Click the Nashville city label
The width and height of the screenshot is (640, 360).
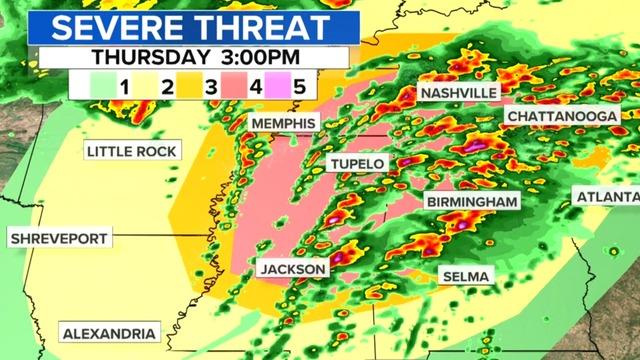[459, 92]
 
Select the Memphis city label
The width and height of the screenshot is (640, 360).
[283, 123]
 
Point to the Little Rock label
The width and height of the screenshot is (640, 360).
[132, 151]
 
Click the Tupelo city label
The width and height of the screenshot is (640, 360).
[357, 163]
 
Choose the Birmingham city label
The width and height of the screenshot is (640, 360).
[473, 201]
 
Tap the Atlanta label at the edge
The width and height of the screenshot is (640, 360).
[607, 197]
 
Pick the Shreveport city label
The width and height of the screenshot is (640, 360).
[58, 238]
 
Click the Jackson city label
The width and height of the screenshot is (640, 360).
[293, 269]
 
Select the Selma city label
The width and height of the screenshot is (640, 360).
[464, 275]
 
